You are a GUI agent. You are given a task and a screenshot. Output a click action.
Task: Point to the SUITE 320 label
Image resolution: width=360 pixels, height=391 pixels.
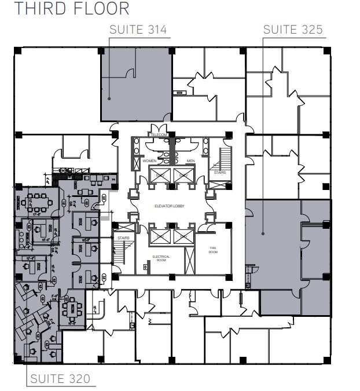[60, 379]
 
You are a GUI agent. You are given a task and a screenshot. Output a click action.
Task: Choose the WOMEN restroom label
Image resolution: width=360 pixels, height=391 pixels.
[150, 160]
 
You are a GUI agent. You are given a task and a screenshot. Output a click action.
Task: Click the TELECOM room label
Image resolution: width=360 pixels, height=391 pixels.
[159, 135]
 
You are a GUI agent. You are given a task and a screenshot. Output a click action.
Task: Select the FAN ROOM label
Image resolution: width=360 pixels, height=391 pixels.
[212, 250]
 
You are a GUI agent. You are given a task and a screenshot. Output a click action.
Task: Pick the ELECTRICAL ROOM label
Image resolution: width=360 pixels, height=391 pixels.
[160, 258]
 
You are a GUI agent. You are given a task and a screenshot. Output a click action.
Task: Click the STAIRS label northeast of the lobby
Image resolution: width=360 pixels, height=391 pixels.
[219, 172]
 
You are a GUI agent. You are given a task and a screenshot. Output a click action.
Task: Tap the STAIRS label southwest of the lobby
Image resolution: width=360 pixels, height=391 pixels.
[123, 237]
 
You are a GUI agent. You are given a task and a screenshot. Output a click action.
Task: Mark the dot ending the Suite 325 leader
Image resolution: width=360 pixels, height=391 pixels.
[263, 234]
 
